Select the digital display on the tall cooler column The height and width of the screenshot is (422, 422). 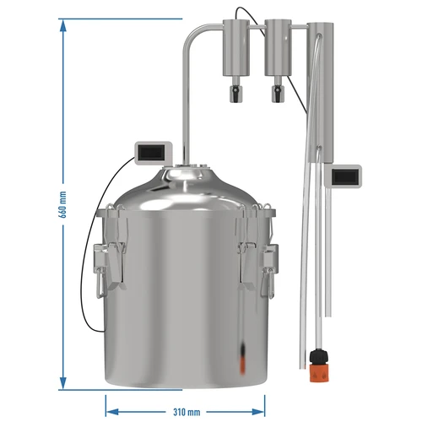(x=346, y=178)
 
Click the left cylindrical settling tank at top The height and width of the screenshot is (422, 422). (x=234, y=49)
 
